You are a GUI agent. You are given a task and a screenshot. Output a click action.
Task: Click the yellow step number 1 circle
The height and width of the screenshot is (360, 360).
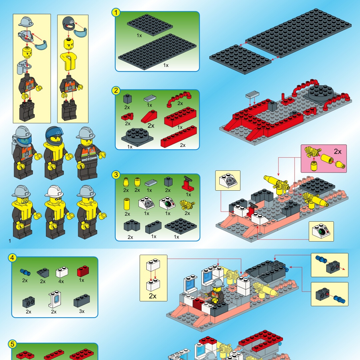116,12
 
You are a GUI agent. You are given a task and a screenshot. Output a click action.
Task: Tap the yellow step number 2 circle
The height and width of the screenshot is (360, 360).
116,90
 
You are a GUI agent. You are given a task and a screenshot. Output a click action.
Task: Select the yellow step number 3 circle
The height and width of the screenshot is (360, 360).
116,175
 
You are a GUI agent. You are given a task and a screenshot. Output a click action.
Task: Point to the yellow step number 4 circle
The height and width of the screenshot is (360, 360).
12,258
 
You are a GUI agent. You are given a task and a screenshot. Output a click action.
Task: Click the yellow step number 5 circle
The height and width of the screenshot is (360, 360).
12,344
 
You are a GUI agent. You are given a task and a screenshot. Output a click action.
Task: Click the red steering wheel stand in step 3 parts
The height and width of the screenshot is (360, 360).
188,183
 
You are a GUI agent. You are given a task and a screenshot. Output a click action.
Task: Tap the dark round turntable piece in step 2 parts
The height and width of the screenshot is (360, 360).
137,137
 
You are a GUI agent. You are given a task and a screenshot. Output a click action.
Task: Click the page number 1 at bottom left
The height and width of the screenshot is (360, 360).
10,241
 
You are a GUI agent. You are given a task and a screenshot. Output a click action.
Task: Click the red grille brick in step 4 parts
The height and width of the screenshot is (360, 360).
83,271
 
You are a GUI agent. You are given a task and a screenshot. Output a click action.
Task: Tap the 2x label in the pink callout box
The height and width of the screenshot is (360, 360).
337,152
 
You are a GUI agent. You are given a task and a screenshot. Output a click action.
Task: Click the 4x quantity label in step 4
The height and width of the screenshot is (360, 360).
61,281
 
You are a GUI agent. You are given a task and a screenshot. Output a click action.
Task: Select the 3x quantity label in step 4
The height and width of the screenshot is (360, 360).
82,311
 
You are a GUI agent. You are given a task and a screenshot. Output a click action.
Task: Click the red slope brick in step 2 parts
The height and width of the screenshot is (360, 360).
149,116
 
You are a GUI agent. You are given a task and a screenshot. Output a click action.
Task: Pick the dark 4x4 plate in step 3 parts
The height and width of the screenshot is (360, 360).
181,226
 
